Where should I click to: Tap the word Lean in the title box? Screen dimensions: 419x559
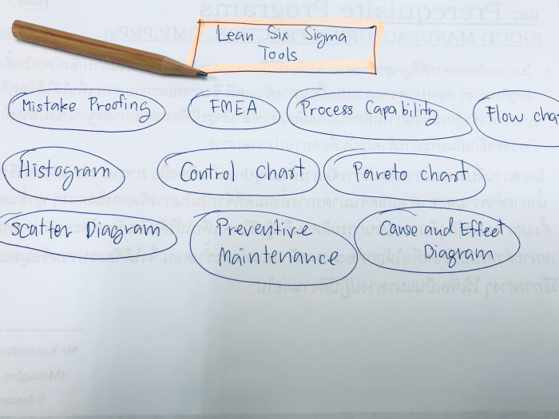236,35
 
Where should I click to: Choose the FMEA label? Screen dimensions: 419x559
234,107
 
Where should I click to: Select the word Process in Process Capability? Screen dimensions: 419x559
327,109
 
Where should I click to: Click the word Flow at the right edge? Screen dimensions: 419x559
505,115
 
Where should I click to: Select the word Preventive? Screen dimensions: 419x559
263,230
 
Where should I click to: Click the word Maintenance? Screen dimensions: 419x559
267,258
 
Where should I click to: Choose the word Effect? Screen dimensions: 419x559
482,229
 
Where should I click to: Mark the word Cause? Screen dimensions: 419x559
398,230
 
